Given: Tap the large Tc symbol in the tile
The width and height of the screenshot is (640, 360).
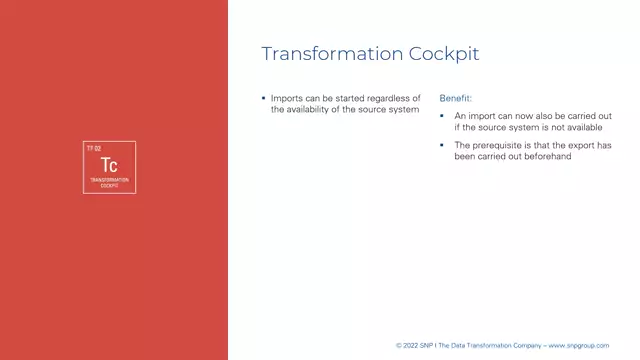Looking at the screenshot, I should tap(110, 164).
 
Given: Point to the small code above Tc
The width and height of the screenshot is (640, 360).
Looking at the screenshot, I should tap(94, 148).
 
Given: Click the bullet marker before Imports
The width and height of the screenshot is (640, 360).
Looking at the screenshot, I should tap(263, 97).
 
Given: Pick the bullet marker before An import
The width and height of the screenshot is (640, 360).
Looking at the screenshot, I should tap(443, 116).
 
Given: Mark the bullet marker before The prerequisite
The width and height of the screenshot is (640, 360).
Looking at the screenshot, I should tap(443, 144).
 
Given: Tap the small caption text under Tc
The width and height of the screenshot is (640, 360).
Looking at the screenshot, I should tap(110, 182).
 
